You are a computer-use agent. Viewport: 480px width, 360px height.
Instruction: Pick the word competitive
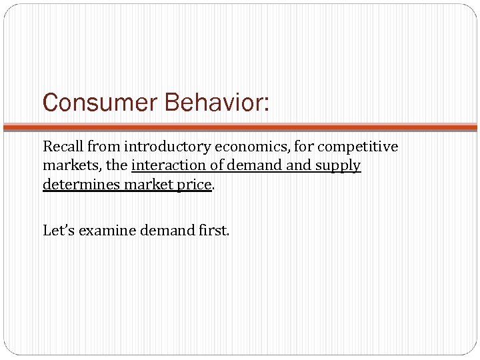point(357,146)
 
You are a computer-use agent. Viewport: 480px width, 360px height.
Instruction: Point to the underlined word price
point(195,185)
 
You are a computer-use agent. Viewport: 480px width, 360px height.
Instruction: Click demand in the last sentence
point(165,231)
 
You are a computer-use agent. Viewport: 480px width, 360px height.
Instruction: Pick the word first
point(214,231)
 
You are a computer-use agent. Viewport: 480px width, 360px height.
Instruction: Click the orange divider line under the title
point(240,127)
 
